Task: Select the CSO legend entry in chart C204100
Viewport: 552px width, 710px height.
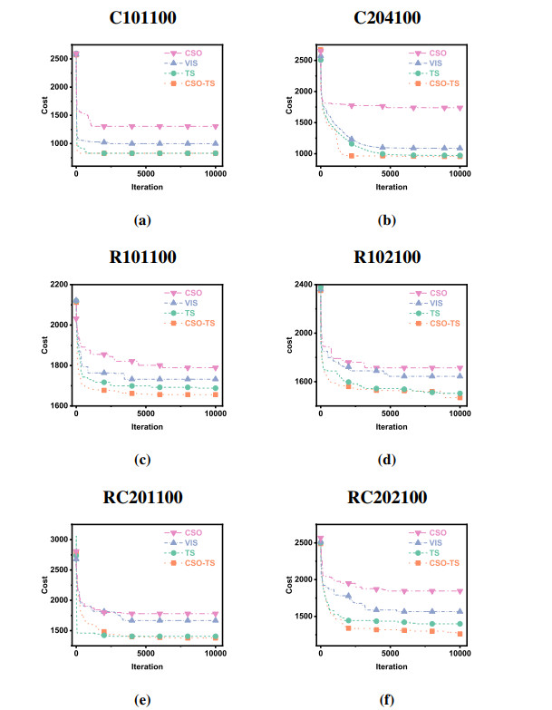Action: tap(437, 53)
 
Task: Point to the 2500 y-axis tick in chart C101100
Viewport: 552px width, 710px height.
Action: tap(57, 58)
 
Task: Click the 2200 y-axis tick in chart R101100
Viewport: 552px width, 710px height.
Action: tap(57, 285)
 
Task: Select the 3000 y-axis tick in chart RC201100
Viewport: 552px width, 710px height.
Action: tap(57, 540)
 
